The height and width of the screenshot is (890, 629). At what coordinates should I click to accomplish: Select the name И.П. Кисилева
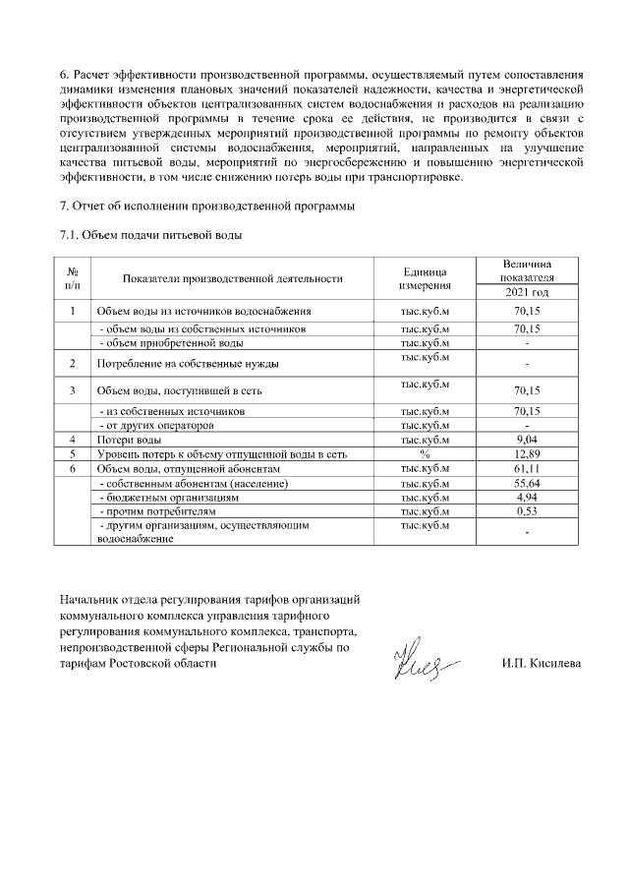541,663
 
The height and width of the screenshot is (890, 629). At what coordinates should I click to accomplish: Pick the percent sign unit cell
425,454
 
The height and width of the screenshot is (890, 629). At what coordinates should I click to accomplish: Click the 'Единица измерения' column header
425,278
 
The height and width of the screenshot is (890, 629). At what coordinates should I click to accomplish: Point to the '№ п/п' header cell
73,278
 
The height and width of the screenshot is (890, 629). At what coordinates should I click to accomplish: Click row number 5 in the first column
73,454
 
